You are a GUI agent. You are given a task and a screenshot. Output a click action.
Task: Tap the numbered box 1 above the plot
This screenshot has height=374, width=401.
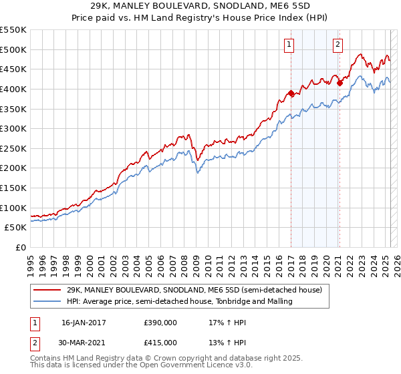290,45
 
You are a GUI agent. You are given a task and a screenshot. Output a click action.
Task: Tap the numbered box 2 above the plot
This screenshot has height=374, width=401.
338,45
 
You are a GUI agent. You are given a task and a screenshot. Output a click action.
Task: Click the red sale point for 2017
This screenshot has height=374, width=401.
291,93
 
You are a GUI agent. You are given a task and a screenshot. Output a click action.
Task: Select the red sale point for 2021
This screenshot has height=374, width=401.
340,83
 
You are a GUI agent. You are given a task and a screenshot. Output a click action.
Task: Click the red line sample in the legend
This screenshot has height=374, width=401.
47,290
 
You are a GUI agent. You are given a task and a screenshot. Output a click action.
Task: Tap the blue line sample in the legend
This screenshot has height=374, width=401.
47,301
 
